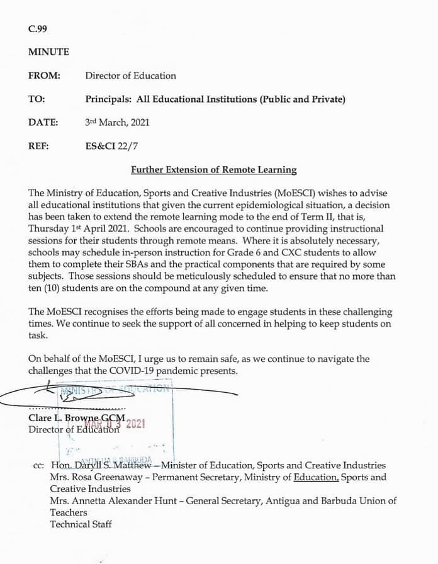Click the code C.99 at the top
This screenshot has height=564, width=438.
coord(37,29)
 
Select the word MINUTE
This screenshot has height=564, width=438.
coord(48,52)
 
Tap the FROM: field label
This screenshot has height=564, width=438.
coord(44,76)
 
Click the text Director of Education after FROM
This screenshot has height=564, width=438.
coord(130,76)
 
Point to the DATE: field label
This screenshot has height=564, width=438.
coord(43,123)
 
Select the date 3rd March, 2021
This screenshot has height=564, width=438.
coord(117,123)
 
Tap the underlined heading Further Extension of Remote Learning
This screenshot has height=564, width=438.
coord(213,170)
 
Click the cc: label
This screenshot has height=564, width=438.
coord(38,465)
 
